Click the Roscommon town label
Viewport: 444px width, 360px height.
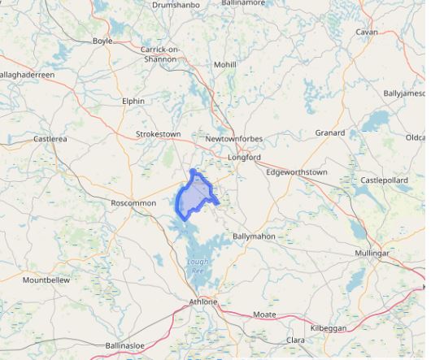tap(133, 203)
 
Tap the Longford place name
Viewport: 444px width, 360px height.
tap(244, 157)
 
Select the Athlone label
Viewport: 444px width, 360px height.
tap(203, 301)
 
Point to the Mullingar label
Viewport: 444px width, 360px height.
tap(372, 254)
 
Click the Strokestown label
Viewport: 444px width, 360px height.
tap(158, 133)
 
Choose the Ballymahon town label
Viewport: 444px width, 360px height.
tap(254, 236)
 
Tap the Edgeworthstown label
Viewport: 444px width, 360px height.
tap(297, 172)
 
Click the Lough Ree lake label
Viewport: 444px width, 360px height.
tap(198, 266)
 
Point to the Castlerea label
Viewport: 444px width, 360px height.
tap(50, 139)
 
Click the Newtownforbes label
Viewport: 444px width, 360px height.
tap(234, 139)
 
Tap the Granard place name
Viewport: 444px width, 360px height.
tap(330, 132)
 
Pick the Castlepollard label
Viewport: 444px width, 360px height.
tap(385, 180)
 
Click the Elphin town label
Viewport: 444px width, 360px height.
tap(133, 101)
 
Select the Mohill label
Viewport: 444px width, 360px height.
tap(224, 64)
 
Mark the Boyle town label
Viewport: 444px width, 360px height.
tap(102, 41)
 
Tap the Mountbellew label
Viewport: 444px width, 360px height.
tap(46, 280)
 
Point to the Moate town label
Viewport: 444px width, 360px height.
tap(264, 314)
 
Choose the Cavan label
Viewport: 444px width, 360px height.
tap(367, 32)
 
